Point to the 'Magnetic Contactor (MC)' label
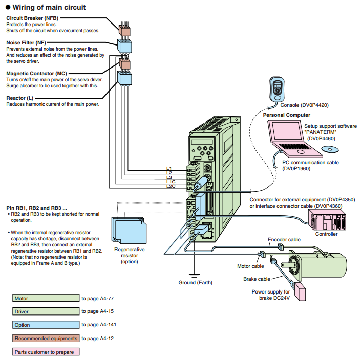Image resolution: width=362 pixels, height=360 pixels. click(x=36, y=74)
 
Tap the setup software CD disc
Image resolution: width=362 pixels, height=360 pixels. click(x=330, y=149)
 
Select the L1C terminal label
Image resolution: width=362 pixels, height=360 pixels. click(x=170, y=182)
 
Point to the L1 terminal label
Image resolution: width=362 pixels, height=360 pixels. click(x=169, y=168)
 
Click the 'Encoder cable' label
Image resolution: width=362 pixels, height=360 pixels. click(x=284, y=239)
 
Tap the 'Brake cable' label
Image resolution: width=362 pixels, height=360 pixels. click(x=257, y=279)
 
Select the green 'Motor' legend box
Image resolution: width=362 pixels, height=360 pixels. click(x=46, y=298)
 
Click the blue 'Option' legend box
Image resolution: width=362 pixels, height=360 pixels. click(x=46, y=325)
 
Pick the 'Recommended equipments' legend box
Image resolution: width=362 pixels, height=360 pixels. click(x=46, y=338)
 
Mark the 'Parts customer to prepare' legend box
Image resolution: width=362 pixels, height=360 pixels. click(x=46, y=352)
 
